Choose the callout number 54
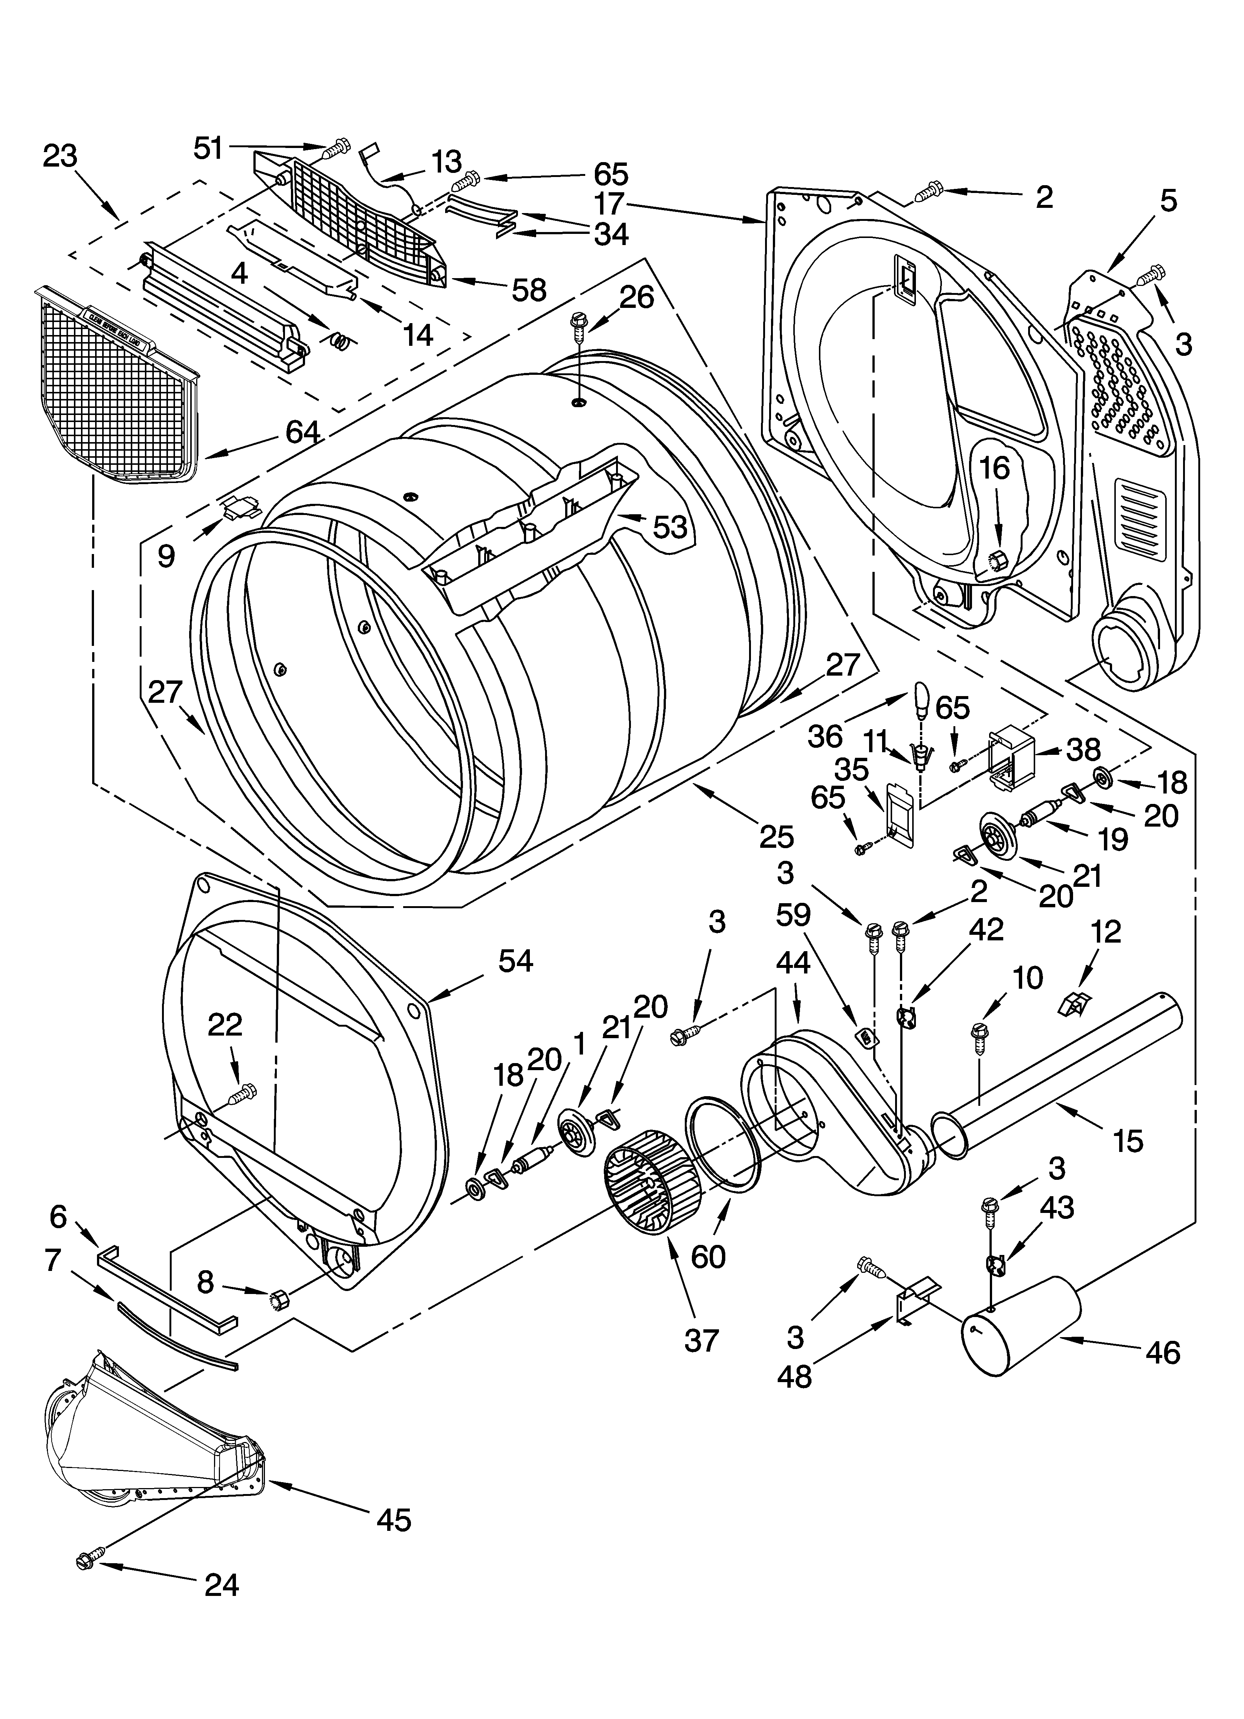click(x=515, y=961)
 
